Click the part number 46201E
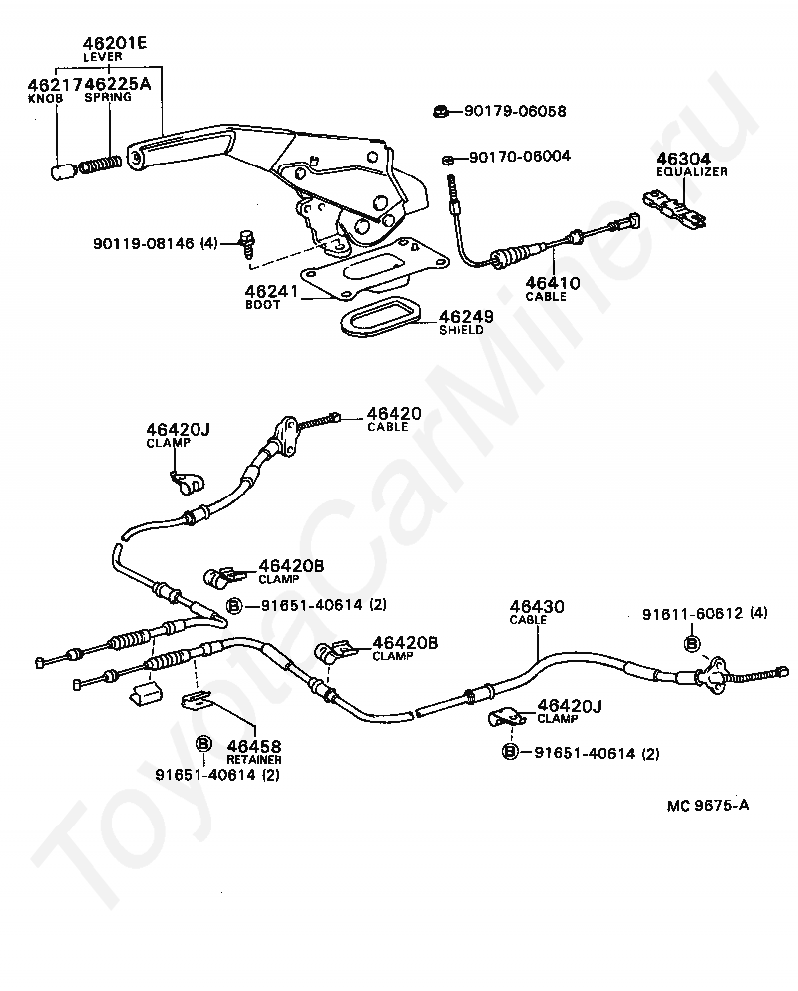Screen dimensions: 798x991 114,42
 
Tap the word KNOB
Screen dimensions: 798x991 45,98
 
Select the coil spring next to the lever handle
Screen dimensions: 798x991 100,165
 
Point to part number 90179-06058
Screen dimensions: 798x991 515,111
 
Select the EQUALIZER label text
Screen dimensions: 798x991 691,171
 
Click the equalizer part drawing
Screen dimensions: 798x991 674,207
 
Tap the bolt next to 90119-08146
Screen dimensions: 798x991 245,244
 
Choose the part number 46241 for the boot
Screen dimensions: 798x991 271,291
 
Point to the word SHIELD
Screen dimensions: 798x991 461,330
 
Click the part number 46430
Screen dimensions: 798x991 537,607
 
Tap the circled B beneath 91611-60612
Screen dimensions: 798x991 692,644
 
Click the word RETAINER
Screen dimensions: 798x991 254,759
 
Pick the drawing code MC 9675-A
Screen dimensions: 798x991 707,805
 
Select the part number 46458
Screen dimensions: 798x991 254,746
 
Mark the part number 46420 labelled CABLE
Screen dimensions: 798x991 394,414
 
